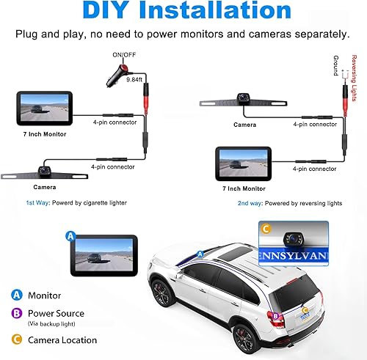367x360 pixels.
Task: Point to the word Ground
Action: (x=335, y=67)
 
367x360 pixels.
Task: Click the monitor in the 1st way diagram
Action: (x=45, y=108)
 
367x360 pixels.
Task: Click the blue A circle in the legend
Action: (x=16, y=295)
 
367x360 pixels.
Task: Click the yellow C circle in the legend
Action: (x=16, y=339)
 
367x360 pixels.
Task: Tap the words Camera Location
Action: (x=62, y=339)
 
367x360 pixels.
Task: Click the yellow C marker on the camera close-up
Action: (x=266, y=229)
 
